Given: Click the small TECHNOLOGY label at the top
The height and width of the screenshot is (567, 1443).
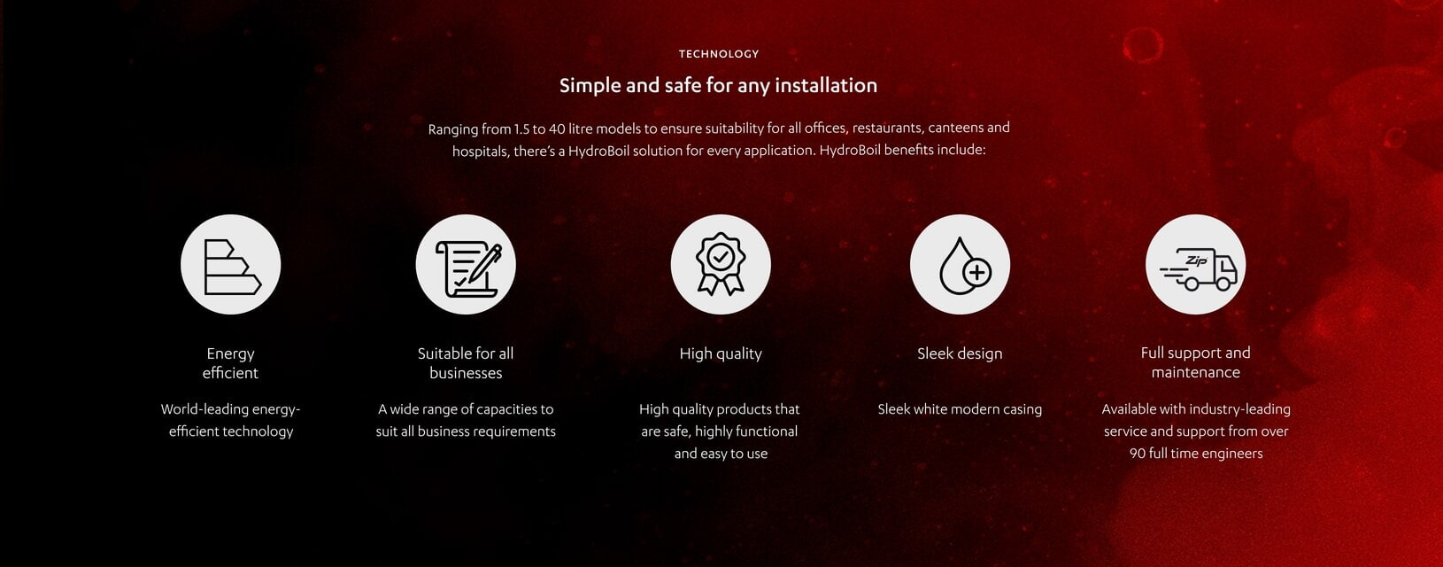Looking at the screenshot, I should pos(718,54).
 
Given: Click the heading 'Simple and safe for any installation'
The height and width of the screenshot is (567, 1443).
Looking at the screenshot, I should pos(718,86).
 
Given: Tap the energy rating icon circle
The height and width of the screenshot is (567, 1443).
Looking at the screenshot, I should pos(231,265).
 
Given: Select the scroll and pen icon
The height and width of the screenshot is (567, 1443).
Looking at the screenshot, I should pos(466,265).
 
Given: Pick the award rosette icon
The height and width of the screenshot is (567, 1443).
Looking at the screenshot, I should pos(721,265).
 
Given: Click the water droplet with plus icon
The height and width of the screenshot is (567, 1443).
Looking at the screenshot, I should pos(960,265).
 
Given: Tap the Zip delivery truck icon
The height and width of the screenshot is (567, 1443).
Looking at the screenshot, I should pos(1195,265).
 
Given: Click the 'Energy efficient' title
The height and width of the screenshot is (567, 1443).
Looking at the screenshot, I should pos(230,363).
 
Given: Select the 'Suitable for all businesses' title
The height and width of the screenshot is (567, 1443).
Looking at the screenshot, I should pos(466,363).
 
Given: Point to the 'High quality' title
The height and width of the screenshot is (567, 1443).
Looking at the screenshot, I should pos(721,353).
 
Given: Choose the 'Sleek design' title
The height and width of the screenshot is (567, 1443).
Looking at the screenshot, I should pos(960,353).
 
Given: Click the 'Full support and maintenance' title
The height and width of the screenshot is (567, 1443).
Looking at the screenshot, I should pos(1195,362).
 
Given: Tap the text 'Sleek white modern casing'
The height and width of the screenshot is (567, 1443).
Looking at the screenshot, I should pos(960,409).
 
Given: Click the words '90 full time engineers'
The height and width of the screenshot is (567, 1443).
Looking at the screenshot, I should pos(1195,454).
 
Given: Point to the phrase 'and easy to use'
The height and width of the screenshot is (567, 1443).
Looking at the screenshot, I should pos(721,454).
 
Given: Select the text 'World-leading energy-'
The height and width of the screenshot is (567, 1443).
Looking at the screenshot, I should pos(230,409).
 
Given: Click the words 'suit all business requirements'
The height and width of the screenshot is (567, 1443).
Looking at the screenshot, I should pos(466,431).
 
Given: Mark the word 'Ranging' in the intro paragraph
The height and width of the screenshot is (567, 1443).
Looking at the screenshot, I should pos(453,129).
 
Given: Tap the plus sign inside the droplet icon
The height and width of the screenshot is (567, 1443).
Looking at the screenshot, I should pos(976,272).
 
